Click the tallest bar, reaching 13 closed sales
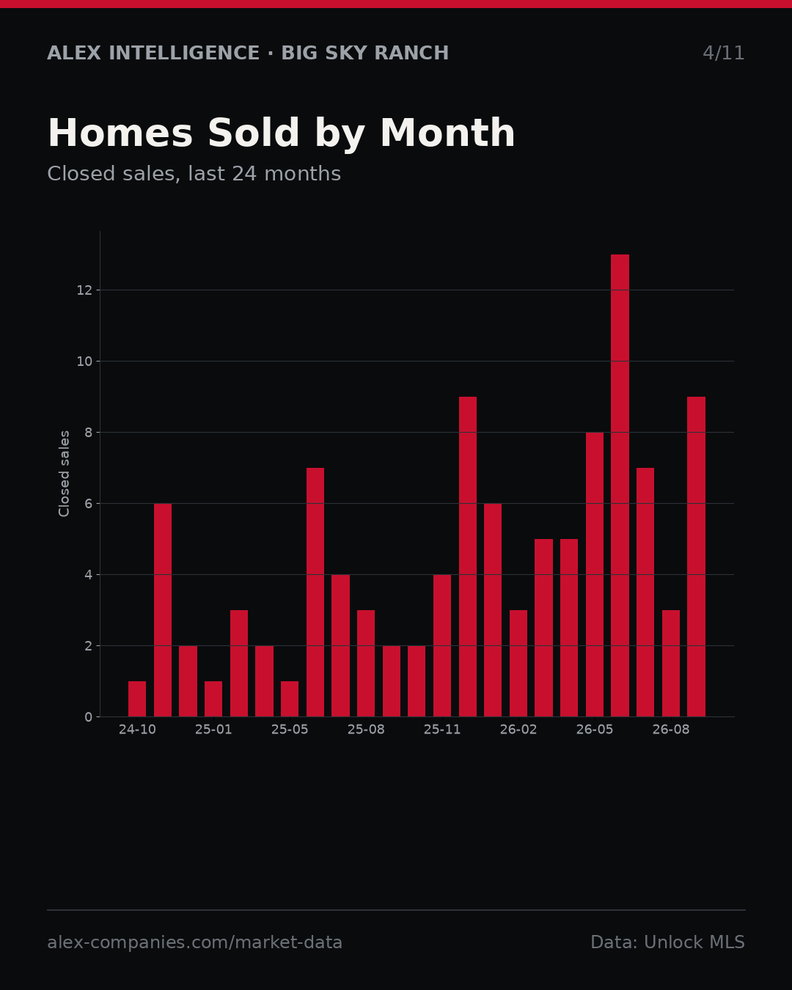click(620, 485)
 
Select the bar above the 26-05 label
click(595, 575)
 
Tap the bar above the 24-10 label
click(137, 699)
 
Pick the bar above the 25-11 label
click(442, 645)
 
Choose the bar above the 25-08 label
click(366, 664)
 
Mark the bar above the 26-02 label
click(518, 664)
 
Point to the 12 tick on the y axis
click(84, 290)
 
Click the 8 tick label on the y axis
click(88, 433)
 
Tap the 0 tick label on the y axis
click(88, 717)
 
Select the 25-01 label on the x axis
click(213, 730)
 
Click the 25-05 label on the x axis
click(290, 730)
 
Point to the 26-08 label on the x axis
click(671, 730)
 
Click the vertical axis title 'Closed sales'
click(64, 474)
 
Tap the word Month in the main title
click(447, 133)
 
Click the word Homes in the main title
click(120, 133)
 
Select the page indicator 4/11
click(723, 53)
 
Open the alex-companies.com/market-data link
click(194, 942)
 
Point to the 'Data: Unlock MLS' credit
click(667, 942)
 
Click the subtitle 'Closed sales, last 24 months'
click(194, 174)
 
